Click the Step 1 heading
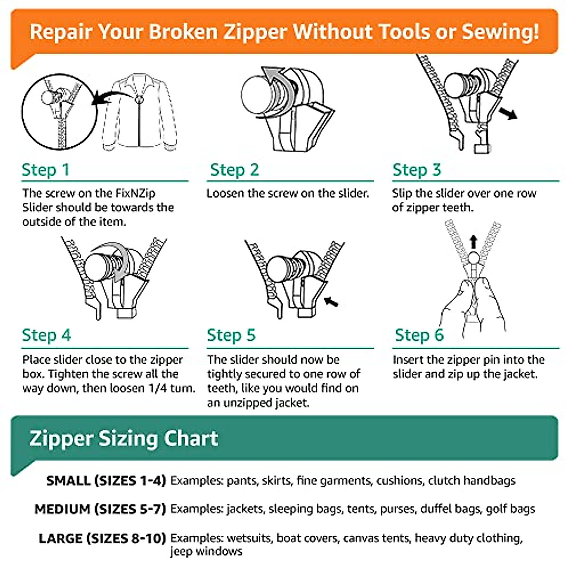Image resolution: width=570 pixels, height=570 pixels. [46, 170]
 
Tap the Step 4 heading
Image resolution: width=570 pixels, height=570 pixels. [46, 335]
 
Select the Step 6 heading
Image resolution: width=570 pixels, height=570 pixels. [419, 335]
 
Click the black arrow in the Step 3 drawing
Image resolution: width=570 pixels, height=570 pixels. [508, 114]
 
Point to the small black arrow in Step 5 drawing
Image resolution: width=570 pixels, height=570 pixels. [331, 301]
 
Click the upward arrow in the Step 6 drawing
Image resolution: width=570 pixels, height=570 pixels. [473, 241]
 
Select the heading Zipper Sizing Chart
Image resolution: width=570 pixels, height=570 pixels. [123, 438]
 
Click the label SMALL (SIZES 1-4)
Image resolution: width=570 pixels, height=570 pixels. [106, 480]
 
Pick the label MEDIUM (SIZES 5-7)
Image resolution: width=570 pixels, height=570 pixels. [100, 509]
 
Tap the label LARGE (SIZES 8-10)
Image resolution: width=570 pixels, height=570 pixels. [102, 538]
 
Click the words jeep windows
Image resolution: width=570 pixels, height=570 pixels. [206, 551]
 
